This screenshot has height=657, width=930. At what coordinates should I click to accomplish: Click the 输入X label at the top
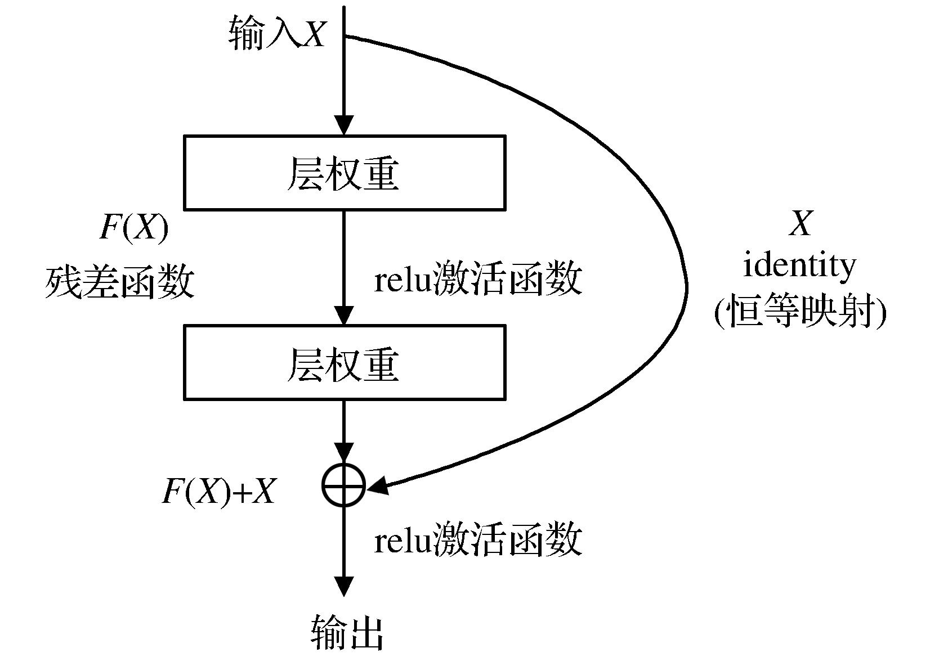277,33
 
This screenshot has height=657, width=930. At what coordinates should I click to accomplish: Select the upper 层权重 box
345,173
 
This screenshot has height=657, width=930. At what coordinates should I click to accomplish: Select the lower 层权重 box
345,362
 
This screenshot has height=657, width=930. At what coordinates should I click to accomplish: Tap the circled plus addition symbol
344,484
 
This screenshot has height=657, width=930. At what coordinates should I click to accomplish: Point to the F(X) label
133,228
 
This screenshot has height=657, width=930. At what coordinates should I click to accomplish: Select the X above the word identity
801,223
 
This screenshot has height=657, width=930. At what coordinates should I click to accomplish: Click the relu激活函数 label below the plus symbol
477,539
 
